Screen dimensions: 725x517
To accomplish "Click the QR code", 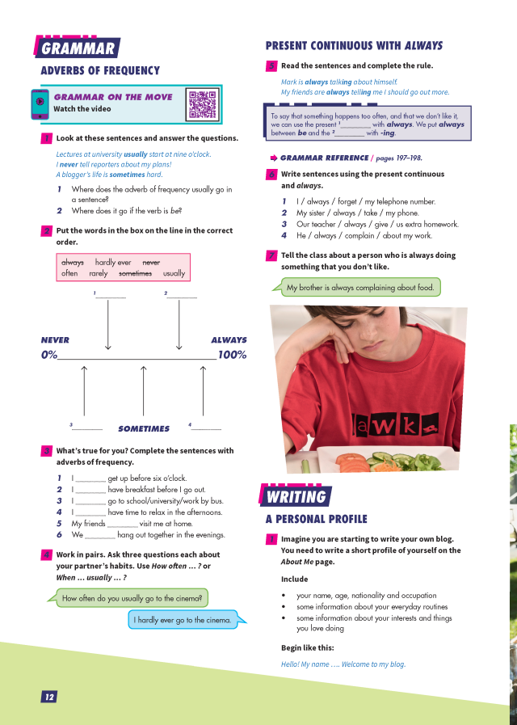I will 203,104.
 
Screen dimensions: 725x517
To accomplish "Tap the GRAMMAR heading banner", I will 77,48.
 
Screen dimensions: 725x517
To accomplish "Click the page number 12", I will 49,697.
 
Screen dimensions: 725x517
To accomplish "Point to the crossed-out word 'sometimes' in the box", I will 135,273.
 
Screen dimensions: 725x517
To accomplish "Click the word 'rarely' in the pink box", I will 99,273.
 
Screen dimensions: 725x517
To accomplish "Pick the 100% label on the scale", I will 232,355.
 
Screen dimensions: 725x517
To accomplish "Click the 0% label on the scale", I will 49,355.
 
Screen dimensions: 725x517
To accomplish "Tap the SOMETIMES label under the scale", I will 144,429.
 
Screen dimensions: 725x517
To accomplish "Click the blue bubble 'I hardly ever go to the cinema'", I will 183,620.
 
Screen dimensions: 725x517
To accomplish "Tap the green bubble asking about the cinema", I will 134,598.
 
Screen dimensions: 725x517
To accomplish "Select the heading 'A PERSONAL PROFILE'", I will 316,519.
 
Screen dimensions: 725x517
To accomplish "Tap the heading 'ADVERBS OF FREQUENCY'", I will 100,70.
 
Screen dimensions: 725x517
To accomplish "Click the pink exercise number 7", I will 271,255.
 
